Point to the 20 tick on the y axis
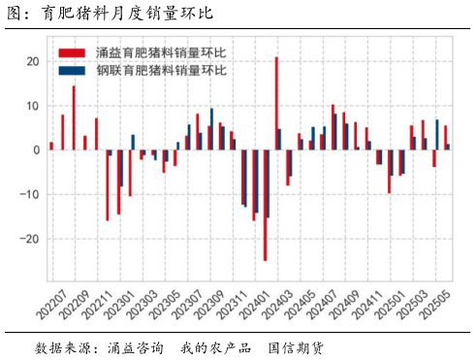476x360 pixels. [x=32, y=61]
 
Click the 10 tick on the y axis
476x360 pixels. [x=32, y=106]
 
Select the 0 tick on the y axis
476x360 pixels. [x=35, y=150]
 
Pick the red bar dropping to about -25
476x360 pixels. [x=265, y=205]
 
